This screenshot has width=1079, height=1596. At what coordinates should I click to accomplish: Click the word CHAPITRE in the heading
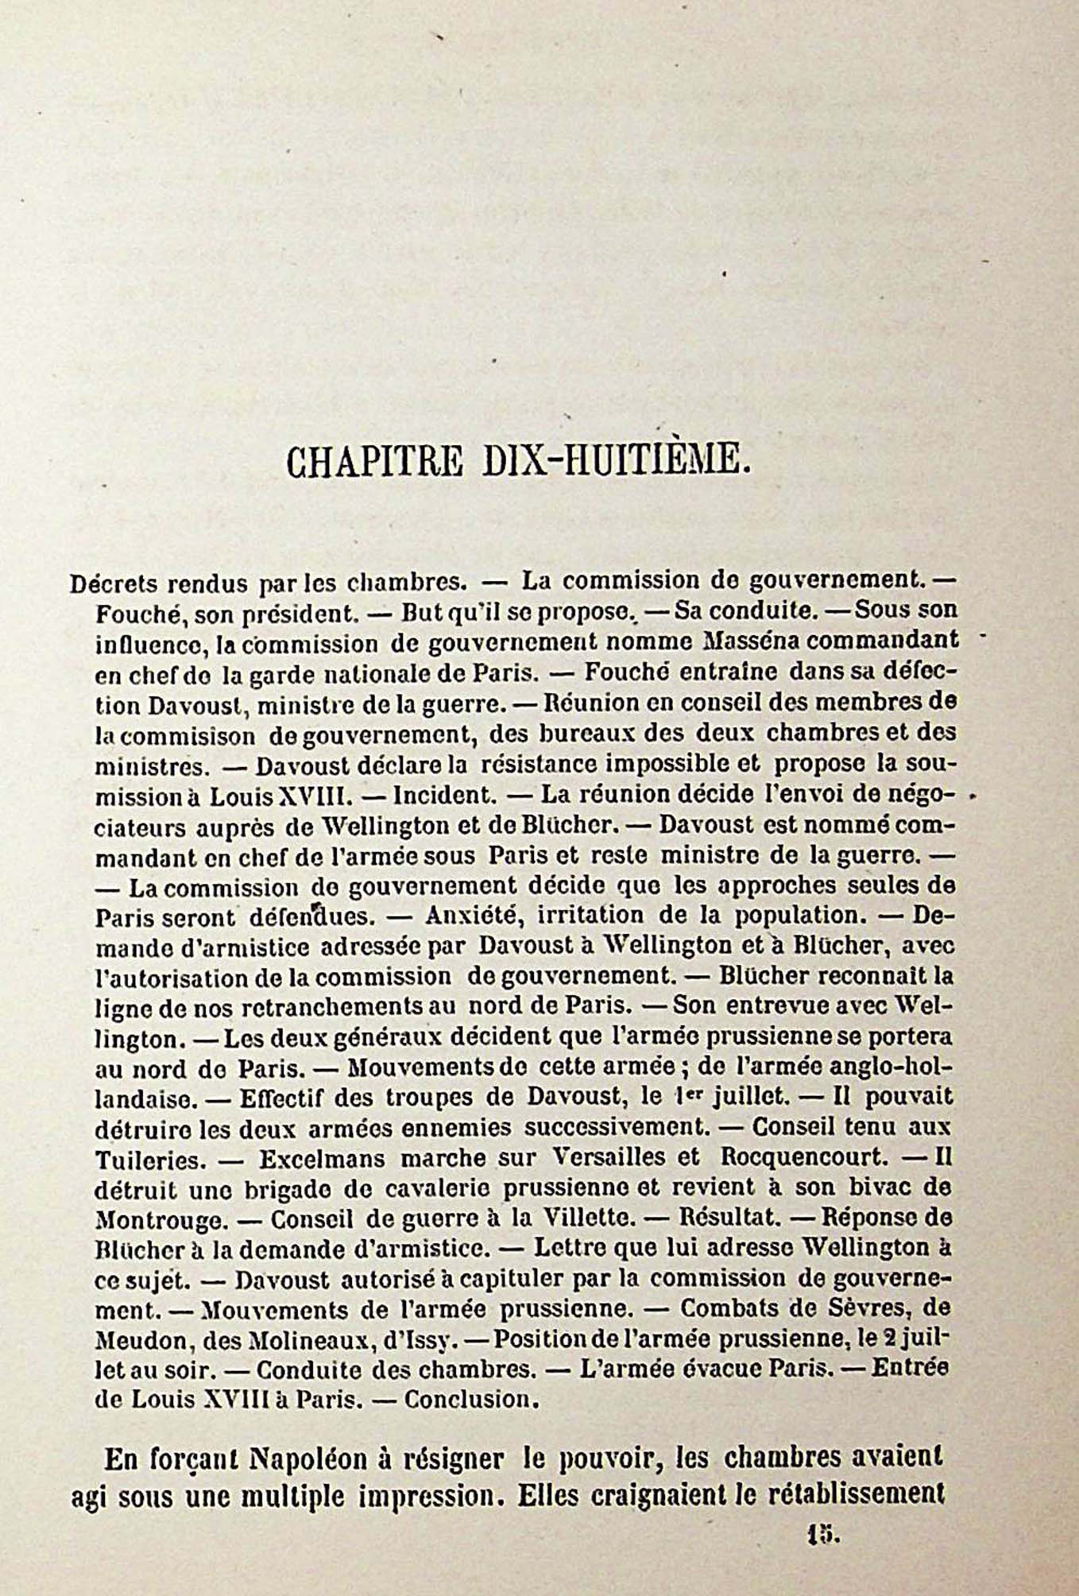[375, 461]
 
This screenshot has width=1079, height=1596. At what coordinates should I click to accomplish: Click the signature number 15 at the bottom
[817, 1536]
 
